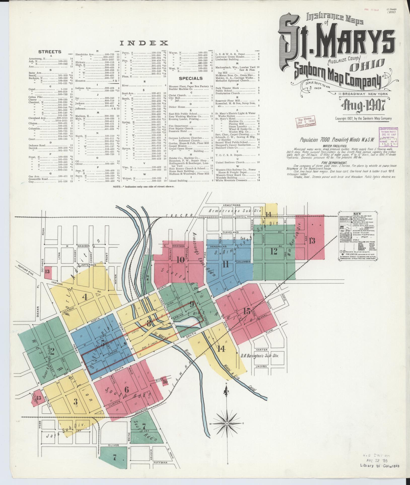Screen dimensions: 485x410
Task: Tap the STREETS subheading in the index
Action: [50, 52]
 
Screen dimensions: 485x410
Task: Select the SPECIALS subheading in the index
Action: [191, 78]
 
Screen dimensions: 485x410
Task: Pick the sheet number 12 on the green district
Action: [274, 251]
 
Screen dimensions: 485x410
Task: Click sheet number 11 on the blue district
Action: [225, 264]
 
